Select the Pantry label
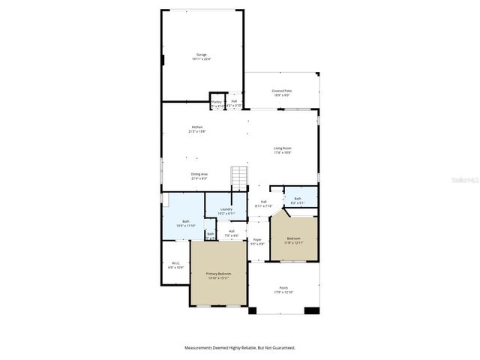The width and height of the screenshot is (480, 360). [x=217, y=103]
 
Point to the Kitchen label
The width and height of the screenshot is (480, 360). [x=197, y=129]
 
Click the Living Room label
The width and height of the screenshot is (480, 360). [x=282, y=150]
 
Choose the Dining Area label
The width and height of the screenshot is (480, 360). [x=199, y=176]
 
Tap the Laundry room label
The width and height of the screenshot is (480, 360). [x=226, y=211]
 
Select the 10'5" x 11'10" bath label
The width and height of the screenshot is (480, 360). [x=185, y=223]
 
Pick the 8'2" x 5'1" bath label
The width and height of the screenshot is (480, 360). [x=298, y=200]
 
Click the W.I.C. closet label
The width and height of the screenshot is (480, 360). [x=175, y=265]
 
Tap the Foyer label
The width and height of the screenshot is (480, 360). [x=257, y=241]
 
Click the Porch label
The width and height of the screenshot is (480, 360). [x=283, y=289]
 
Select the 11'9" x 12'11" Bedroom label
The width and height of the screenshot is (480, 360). [x=292, y=240]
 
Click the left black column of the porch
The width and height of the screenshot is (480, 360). [x=253, y=310]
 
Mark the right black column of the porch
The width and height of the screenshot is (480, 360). [x=316, y=310]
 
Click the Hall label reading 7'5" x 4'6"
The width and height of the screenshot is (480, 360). [x=232, y=233]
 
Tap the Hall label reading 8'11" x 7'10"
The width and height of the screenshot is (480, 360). [x=264, y=204]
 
